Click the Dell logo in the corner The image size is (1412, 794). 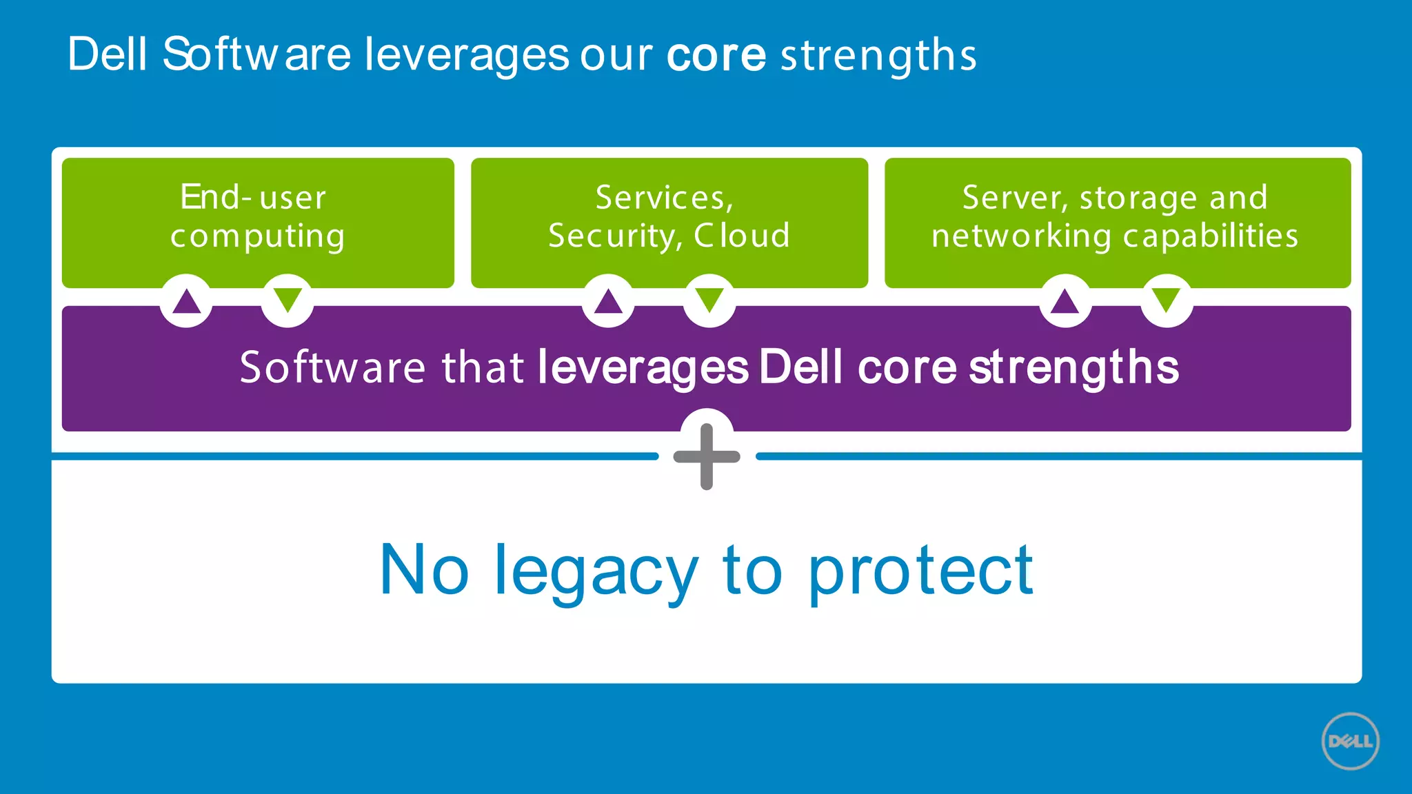click(1350, 741)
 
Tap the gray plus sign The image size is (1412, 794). click(707, 456)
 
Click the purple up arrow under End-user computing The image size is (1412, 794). click(186, 301)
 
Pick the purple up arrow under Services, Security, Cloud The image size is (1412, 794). click(608, 301)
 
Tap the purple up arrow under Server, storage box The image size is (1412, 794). click(1065, 301)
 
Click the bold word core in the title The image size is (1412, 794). click(716, 55)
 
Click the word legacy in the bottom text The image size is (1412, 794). click(596, 572)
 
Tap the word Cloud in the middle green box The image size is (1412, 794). click(742, 236)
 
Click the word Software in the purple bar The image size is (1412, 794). click(332, 367)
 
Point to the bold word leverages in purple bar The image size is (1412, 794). click(643, 368)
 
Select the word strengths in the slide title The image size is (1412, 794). click(878, 55)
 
